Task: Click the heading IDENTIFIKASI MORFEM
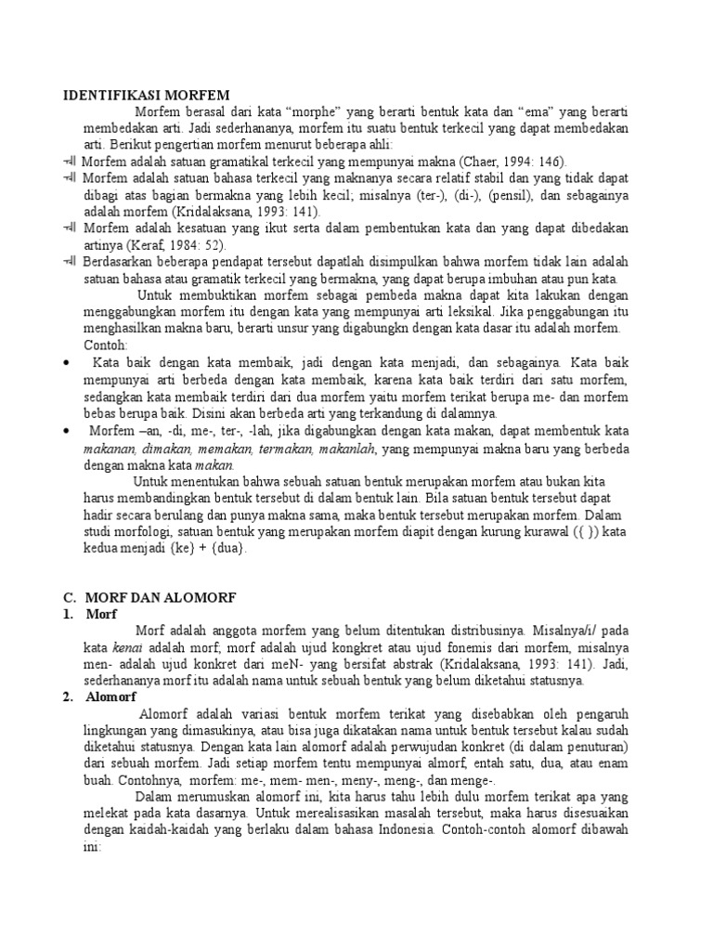click(146, 94)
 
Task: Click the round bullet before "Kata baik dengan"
click(65, 362)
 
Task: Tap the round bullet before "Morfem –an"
click(65, 430)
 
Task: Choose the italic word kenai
click(127, 647)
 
